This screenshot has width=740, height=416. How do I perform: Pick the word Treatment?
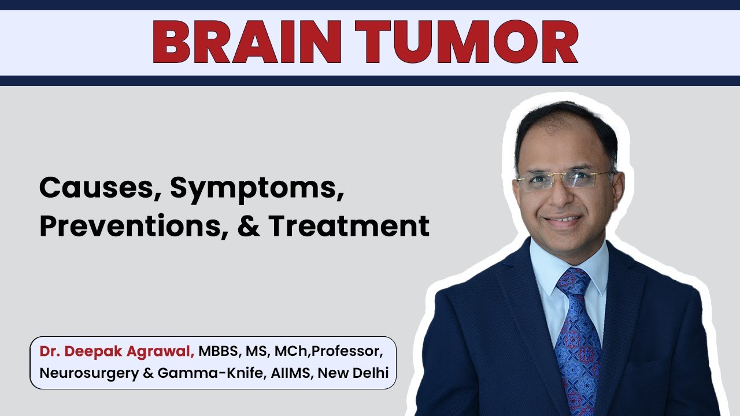(349, 226)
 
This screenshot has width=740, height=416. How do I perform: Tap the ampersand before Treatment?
(249, 226)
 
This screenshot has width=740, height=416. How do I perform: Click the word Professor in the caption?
(347, 351)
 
